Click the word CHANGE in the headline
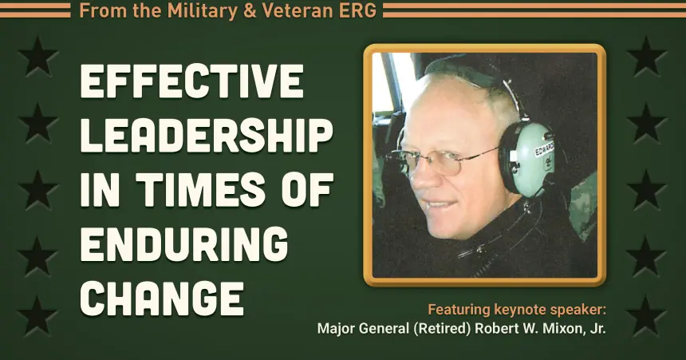click(162, 296)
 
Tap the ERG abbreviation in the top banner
click(359, 10)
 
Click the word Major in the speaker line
click(335, 329)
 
